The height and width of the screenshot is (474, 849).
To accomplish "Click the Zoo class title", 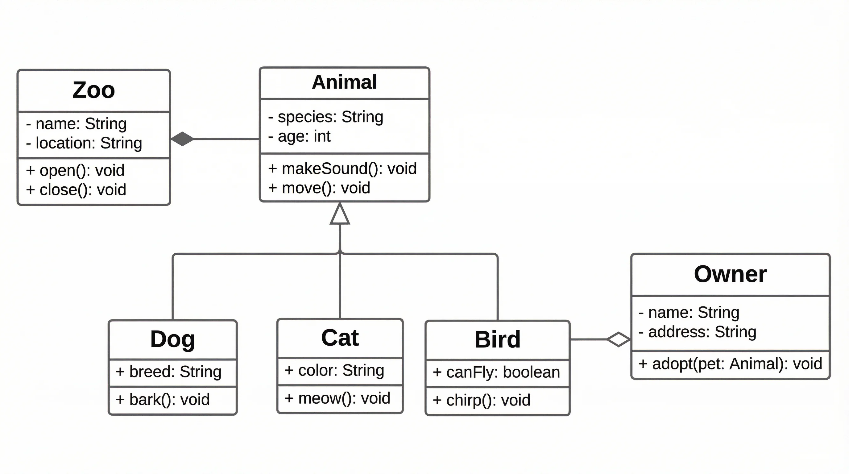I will click(x=93, y=90).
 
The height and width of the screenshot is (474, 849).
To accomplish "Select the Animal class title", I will click(x=344, y=82).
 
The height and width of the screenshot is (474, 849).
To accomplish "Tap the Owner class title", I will click(x=730, y=274).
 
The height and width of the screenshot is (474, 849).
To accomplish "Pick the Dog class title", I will click(x=172, y=339).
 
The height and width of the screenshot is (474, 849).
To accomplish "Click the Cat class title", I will click(x=340, y=338).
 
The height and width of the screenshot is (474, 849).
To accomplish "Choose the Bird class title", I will click(x=497, y=339).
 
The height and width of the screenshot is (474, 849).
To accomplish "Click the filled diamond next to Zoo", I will click(x=182, y=139).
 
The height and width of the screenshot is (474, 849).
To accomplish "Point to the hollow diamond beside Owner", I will click(x=618, y=339).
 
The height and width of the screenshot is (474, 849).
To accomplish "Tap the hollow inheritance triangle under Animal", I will click(x=340, y=214).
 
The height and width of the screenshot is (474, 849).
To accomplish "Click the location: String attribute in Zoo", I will click(x=84, y=143).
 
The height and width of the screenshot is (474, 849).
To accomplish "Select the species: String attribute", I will click(x=326, y=117).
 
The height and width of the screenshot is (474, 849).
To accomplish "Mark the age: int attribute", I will click(x=299, y=136).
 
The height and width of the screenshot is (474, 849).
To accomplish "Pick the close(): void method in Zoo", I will click(x=76, y=190).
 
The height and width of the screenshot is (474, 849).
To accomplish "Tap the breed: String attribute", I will click(x=169, y=372).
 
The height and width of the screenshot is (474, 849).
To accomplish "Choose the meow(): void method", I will click(x=338, y=398).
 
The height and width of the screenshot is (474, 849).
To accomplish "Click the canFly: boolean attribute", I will click(x=496, y=372).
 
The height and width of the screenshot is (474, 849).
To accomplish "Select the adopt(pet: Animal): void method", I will click(x=730, y=364).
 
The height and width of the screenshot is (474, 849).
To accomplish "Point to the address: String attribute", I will click(x=698, y=332).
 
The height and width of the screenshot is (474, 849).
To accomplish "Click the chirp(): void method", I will click(x=482, y=400).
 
